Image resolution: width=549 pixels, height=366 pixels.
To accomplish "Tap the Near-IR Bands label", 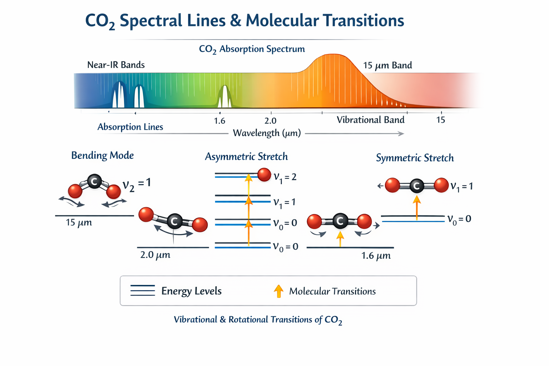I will coord(116,65).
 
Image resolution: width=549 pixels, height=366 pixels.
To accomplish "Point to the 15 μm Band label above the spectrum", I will coord(387,65).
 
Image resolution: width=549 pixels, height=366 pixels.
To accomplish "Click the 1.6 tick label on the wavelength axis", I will coord(219,121).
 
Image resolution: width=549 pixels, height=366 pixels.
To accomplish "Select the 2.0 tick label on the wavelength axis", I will coord(270,121).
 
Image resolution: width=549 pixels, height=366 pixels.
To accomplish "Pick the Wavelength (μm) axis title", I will coord(267,133).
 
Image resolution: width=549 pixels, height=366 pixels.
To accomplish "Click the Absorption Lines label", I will coord(130,127).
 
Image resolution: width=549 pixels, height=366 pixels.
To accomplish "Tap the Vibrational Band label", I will coord(371,120).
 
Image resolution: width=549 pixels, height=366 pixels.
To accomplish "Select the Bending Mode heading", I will coord(102,155).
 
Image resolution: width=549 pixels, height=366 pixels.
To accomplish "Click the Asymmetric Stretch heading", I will coord(246,157).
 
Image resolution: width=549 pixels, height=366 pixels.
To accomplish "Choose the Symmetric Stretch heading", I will coord(415,158).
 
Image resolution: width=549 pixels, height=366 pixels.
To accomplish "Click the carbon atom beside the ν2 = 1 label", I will coord(94,182).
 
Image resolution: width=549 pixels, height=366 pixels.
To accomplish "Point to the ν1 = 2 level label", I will coord(285,177).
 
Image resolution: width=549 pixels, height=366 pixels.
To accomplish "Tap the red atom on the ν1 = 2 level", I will coord(264,175).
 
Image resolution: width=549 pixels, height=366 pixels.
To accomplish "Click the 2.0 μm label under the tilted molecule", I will coord(155,255).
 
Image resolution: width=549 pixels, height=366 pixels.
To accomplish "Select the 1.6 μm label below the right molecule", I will coord(376,256).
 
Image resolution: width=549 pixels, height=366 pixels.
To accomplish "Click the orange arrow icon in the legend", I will coord(278,291).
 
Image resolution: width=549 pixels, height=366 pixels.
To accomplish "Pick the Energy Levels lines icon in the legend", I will coord(143,291).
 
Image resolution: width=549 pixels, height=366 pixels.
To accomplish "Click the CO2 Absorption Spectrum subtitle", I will coord(252,49).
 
